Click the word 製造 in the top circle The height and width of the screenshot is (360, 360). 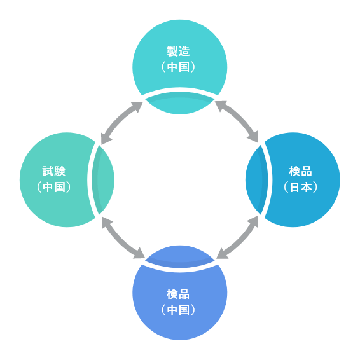click(x=179, y=51)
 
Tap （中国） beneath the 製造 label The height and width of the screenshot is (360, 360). click(x=179, y=67)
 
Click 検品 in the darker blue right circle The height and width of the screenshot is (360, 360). click(x=301, y=171)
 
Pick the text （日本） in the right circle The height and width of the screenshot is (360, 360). click(x=301, y=188)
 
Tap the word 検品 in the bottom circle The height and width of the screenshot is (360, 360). click(x=179, y=294)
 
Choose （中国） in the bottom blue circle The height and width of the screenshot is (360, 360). click(x=179, y=310)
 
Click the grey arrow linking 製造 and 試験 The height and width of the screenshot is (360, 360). click(x=121, y=122)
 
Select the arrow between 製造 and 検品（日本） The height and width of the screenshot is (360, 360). click(x=237, y=121)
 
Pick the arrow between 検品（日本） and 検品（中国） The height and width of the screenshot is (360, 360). click(x=237, y=238)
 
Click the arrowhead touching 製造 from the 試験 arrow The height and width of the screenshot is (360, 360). click(x=138, y=106)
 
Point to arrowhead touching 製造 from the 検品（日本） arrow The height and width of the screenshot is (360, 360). click(x=220, y=105)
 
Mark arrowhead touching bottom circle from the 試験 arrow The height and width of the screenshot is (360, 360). click(x=139, y=254)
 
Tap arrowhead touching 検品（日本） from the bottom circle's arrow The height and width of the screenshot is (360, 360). click(x=254, y=221)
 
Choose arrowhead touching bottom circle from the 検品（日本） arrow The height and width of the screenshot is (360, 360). click(x=221, y=254)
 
